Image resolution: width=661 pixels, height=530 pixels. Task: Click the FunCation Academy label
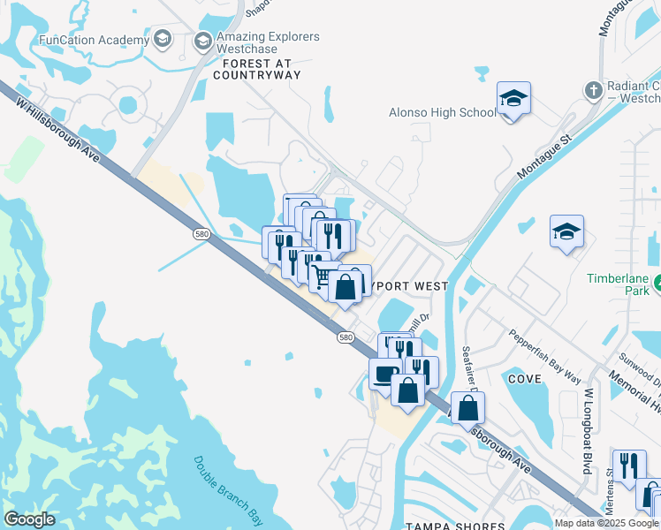tap(93, 40)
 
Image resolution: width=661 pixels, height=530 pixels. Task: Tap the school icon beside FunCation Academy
tap(162, 38)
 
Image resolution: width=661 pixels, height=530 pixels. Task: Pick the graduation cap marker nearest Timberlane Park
tap(566, 231)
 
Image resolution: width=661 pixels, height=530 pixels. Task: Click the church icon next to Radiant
tap(593, 89)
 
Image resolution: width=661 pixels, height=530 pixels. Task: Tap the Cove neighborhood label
tap(524, 377)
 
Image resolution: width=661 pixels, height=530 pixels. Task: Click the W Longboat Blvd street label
tap(587, 431)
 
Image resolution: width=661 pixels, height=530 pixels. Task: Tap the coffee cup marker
tap(384, 374)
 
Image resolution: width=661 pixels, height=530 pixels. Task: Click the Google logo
tap(29, 519)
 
